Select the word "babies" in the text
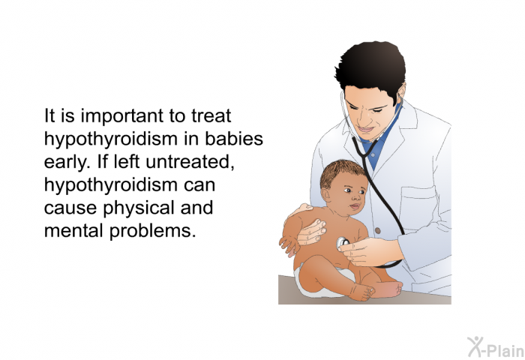coord(234,139)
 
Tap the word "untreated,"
coord(190,163)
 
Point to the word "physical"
coord(139,208)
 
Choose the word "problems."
coord(152,232)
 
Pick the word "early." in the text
coord(67,163)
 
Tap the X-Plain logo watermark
coord(496,347)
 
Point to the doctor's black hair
coord(370,70)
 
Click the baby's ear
coord(326,194)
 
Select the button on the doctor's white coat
coord(378,231)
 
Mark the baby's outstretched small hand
coord(289,245)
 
